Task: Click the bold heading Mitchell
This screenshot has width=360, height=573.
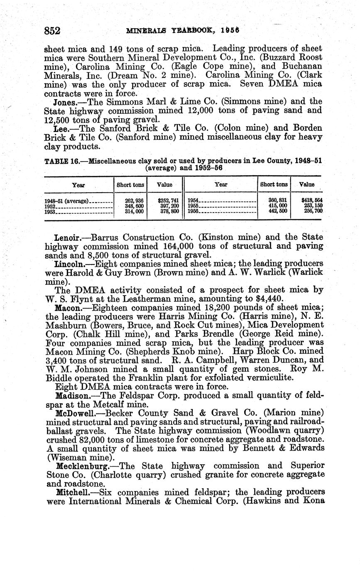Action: (x=70, y=492)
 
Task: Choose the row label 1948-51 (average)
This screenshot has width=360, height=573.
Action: (x=66, y=201)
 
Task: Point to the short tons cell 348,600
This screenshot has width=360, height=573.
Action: (x=134, y=206)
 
